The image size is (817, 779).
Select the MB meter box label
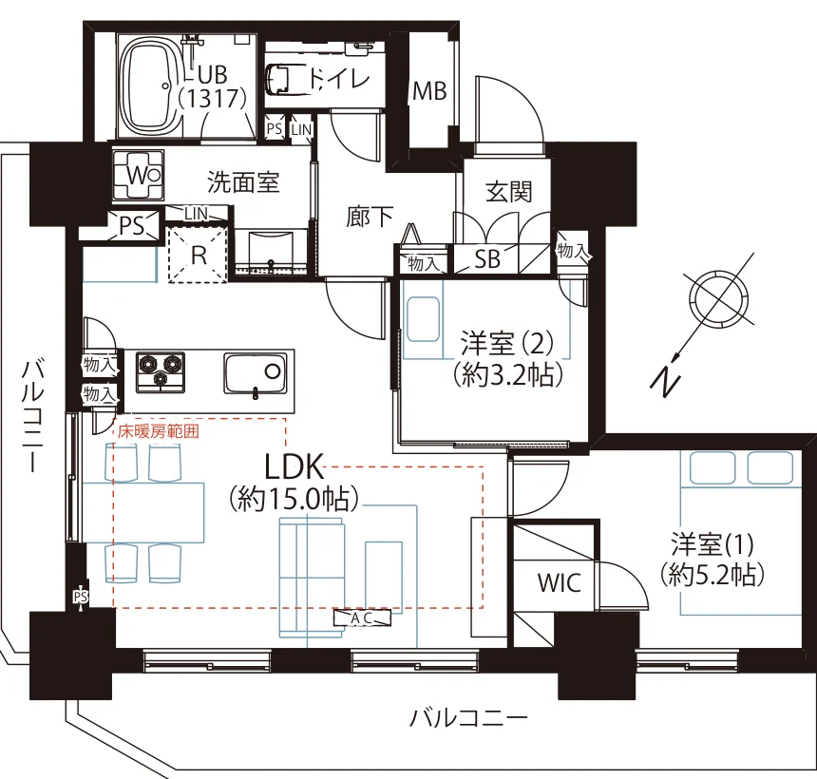pyautogui.click(x=429, y=92)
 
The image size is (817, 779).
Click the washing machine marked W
pyautogui.click(x=139, y=175)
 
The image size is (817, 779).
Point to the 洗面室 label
pyautogui.click(x=243, y=181)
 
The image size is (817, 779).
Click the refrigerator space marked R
pyautogui.click(x=198, y=255)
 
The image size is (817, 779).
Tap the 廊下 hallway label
pyautogui.click(x=370, y=217)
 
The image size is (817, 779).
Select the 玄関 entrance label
pyautogui.click(x=508, y=192)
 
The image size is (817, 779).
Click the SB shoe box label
pyautogui.click(x=487, y=259)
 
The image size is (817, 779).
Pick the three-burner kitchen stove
pyautogui.click(x=161, y=372)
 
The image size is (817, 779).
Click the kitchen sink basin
pyautogui.click(x=256, y=373)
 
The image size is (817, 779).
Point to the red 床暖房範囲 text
pyautogui.click(x=159, y=431)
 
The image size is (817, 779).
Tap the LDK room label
pyautogui.click(x=294, y=466)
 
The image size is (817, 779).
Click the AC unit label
pyautogui.click(x=362, y=618)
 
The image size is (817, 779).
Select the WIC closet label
pyautogui.click(x=560, y=583)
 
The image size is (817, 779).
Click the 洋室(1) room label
pyautogui.click(x=712, y=544)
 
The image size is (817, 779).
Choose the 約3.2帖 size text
pyautogui.click(x=508, y=374)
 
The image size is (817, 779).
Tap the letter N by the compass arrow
pyautogui.click(x=665, y=381)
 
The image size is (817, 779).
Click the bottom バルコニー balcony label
pyautogui.click(x=468, y=718)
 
